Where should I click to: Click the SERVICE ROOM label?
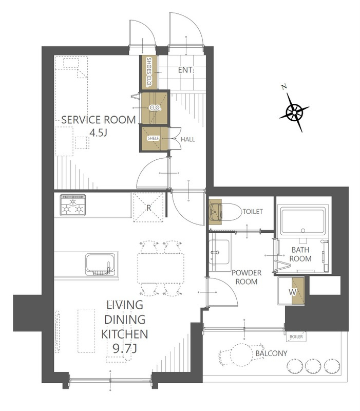pyautogui.click(x=98, y=120)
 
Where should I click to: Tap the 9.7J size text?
pyautogui.click(x=124, y=348)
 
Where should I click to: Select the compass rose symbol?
pyautogui.click(x=294, y=113)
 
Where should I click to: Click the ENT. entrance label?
pyautogui.click(x=185, y=70)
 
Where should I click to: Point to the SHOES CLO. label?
pyautogui.click(x=149, y=72)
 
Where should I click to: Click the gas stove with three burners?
pyautogui.click(x=73, y=205)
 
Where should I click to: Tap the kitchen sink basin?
pyautogui.click(x=100, y=265)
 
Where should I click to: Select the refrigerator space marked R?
pyautogui.click(x=148, y=207)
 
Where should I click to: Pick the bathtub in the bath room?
pyautogui.click(x=303, y=221)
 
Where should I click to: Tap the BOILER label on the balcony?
pyautogui.click(x=296, y=337)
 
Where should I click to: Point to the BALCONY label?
pyautogui.click(x=271, y=353)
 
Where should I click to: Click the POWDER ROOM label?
pyautogui.click(x=247, y=277)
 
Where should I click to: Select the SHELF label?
pyautogui.click(x=153, y=138)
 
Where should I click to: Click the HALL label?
pyautogui.click(x=188, y=139)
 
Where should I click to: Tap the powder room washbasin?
pyautogui.click(x=220, y=252)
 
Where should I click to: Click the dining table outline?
pyautogui.click(x=161, y=268)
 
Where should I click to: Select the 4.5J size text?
pyautogui.click(x=98, y=133)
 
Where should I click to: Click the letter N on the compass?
pyautogui.click(x=284, y=87)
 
